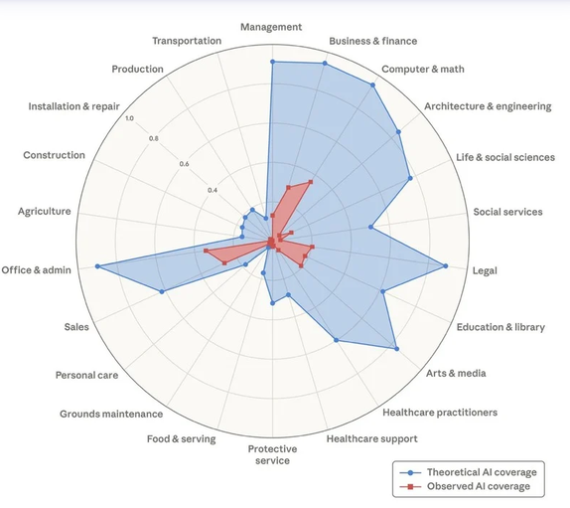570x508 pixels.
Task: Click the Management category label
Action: [x=271, y=27]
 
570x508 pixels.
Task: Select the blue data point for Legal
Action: [x=446, y=266]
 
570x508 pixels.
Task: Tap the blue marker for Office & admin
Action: [x=97, y=266]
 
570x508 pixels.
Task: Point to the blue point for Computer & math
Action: [x=372, y=85]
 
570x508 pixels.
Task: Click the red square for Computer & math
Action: [x=311, y=182]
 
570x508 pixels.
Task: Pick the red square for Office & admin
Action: [x=206, y=251]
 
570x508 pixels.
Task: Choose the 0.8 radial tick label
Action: [x=153, y=138]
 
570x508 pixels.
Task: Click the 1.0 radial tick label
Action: [x=129, y=118]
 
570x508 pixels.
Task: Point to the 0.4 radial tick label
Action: [x=213, y=190]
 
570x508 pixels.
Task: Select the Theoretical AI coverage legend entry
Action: [x=469, y=472]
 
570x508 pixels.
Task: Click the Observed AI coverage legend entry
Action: [x=465, y=486]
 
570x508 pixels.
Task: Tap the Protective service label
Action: [x=272, y=454]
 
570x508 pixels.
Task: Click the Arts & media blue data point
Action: [x=396, y=349]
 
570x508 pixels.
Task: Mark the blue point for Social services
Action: [x=370, y=227]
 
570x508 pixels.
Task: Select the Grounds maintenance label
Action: [x=111, y=414]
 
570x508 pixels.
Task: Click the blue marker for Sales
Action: [x=162, y=291]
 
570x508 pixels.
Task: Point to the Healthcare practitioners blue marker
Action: [x=337, y=340]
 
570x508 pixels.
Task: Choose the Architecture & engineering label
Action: [x=488, y=106]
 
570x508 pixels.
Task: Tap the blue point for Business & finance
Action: [x=325, y=64]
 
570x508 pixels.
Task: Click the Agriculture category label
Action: [x=45, y=212]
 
